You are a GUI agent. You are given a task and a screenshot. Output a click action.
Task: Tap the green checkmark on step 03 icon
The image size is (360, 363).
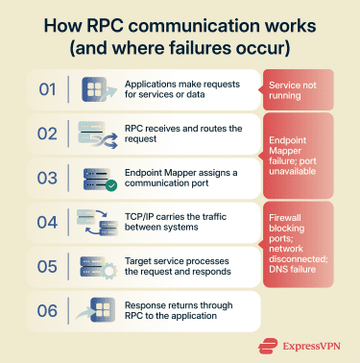[x=110, y=185]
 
